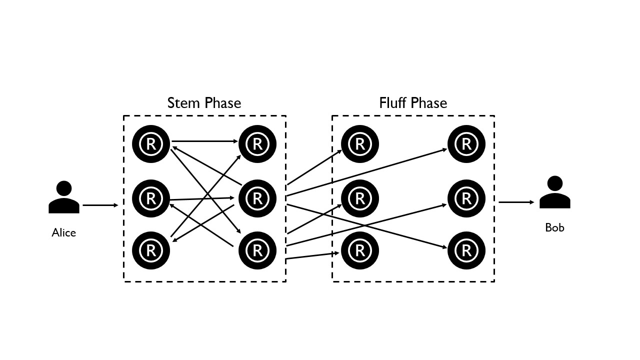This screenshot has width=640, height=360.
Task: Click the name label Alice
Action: click(63, 232)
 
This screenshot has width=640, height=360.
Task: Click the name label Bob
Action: click(554, 227)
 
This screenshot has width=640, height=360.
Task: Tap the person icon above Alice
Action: click(64, 197)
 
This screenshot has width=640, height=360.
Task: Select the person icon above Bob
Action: click(554, 192)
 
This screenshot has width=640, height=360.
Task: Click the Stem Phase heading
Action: click(204, 103)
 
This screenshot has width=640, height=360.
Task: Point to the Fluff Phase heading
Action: click(413, 103)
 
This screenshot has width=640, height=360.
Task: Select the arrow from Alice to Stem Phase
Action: click(100, 205)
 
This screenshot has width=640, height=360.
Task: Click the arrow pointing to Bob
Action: click(516, 202)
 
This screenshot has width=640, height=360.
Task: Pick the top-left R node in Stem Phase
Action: click(151, 144)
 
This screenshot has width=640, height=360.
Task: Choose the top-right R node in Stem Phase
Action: click(257, 144)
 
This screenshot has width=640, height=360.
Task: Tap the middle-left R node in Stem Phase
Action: click(151, 198)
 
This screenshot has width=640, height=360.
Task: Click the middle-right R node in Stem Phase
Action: click(257, 198)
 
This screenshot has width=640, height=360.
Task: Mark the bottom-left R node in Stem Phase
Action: click(151, 249)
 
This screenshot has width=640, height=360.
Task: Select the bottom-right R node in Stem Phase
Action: click(257, 249)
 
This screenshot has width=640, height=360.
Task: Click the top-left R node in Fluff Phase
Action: click(359, 144)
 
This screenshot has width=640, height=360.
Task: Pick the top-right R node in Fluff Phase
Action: click(466, 144)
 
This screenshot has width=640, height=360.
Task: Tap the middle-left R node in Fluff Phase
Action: click(359, 198)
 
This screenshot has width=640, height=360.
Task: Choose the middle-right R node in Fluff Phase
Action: click(466, 198)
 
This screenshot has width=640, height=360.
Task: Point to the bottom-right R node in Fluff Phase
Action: click(466, 249)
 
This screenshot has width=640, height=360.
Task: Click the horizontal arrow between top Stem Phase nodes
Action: click(205, 141)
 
